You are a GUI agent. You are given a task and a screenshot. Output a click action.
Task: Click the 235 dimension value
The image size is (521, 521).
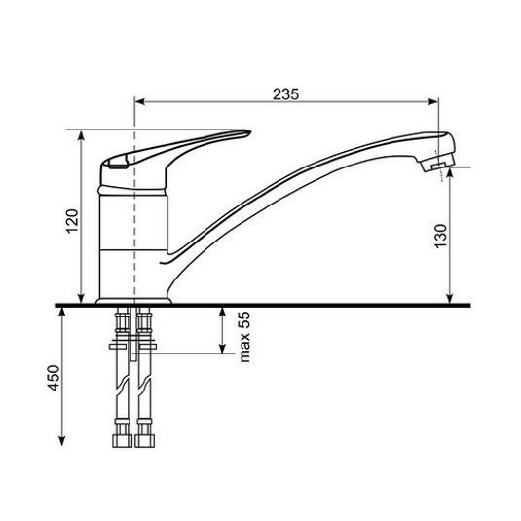coord(285,94)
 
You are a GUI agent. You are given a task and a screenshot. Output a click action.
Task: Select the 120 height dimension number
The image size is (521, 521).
coord(73,221)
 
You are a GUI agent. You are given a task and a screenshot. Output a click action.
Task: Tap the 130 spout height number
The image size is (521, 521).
coord(441,236)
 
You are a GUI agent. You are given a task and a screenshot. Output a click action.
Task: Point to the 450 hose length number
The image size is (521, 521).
coord(54,378)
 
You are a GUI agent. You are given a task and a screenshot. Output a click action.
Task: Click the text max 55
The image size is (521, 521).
coord(244,337)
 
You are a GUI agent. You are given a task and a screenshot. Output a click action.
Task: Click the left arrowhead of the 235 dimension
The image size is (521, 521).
coord(140,101)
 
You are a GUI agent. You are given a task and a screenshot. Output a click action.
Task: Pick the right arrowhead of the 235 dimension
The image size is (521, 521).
coord(433,101)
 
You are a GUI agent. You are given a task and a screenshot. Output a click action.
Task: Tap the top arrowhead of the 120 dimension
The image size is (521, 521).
coord(82,136)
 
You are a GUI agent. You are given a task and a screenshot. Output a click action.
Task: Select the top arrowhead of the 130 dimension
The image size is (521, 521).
coord(450,173)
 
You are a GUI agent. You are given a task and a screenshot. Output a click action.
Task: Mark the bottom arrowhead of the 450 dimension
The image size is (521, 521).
coord(61,440)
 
